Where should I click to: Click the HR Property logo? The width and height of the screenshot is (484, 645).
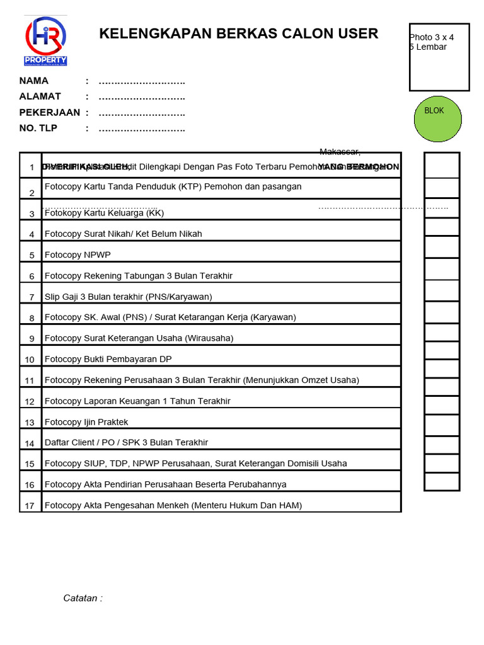click(x=45, y=41)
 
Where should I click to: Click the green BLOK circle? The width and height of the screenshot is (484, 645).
click(x=438, y=118)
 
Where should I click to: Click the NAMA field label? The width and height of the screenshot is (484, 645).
click(x=34, y=81)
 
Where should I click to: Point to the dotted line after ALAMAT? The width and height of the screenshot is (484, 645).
click(x=142, y=97)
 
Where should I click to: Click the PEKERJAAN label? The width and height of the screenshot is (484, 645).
click(x=50, y=113)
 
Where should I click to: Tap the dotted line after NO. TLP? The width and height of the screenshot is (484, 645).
click(x=142, y=129)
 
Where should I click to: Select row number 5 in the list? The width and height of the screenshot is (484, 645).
click(x=32, y=256)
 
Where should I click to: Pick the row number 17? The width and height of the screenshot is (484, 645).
click(x=30, y=506)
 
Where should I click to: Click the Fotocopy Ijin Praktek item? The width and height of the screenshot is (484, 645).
click(x=86, y=422)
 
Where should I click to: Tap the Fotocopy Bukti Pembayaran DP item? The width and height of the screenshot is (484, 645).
click(x=108, y=359)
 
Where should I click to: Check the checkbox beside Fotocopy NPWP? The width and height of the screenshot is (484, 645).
click(x=441, y=247)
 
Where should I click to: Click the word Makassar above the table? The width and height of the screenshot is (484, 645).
click(x=340, y=152)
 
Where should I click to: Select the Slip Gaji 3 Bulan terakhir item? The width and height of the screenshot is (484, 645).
click(x=128, y=297)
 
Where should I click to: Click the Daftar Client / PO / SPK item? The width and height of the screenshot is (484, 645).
click(x=126, y=443)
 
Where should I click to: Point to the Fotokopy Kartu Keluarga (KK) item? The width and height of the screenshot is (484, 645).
click(x=104, y=213)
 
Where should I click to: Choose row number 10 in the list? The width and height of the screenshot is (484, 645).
click(x=30, y=360)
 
